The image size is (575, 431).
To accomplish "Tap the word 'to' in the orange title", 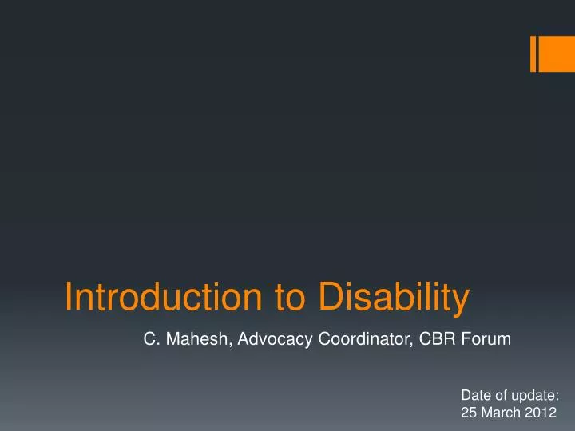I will [x=291, y=297].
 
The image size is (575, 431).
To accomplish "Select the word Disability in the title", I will [x=394, y=297].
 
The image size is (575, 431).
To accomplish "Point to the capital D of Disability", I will [x=330, y=297].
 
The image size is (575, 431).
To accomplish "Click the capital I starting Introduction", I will [x=69, y=297].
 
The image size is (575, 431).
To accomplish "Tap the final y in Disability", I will [x=460, y=300].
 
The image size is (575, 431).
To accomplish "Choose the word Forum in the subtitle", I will [x=488, y=339].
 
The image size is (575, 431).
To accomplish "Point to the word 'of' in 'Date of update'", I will [x=501, y=395].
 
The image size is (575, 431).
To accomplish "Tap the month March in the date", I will [x=501, y=413].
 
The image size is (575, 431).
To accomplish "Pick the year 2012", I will [x=541, y=413].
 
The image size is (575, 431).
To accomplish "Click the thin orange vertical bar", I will [x=533, y=53].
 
